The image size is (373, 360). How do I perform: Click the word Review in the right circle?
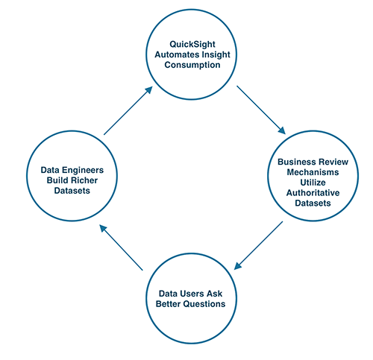[x=335, y=161]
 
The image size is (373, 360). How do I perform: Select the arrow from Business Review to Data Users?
[x=259, y=245]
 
